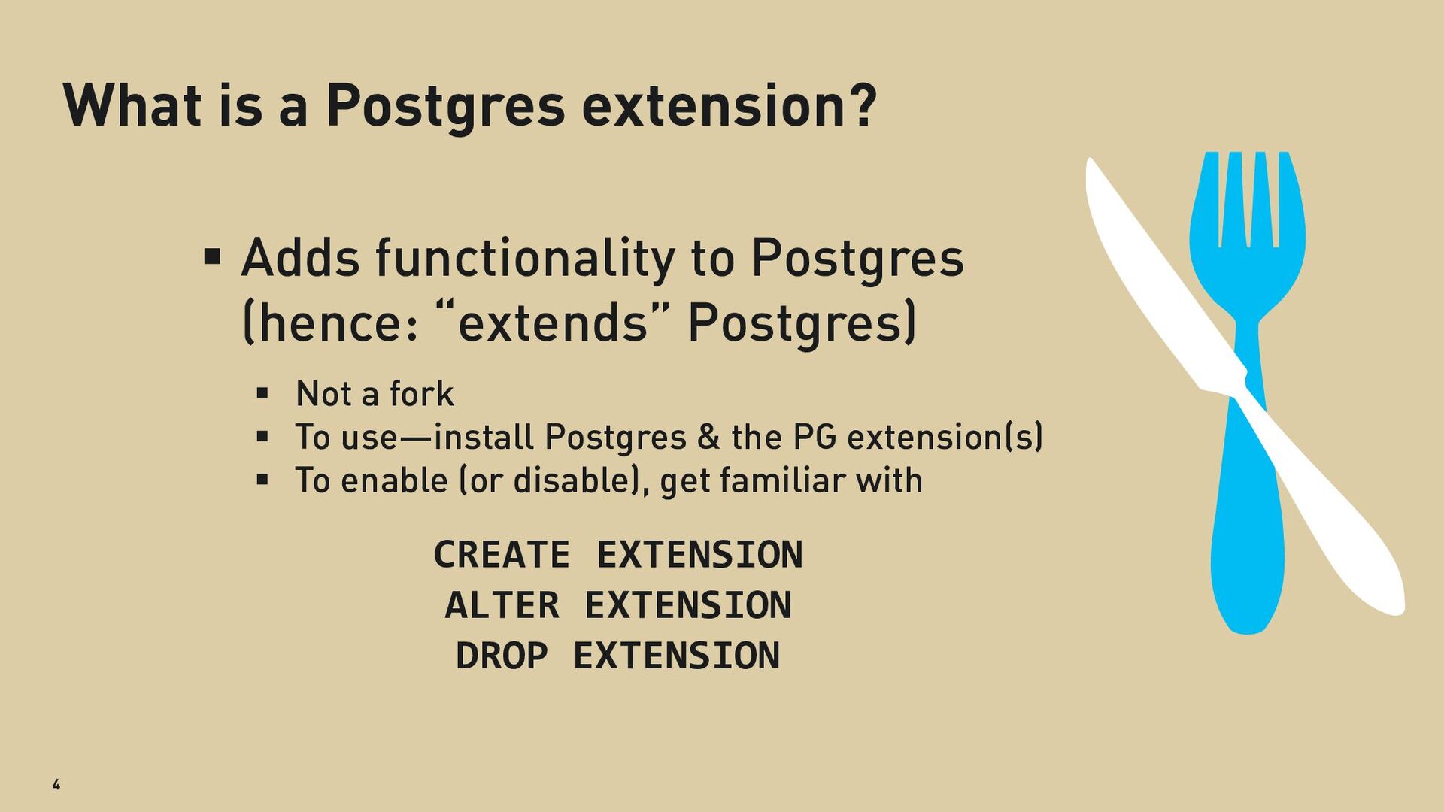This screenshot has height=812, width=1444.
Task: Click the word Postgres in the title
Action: click(x=445, y=107)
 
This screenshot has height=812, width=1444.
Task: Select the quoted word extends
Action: click(x=553, y=322)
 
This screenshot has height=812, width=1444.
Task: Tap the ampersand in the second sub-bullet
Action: click(x=708, y=437)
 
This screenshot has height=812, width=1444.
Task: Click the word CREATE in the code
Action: click(x=502, y=555)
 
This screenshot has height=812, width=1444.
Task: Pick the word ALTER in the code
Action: click(x=502, y=605)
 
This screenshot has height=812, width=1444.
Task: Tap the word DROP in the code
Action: click(x=502, y=656)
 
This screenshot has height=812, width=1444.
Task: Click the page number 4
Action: click(x=56, y=784)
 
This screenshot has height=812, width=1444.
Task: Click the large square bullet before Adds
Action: click(x=213, y=257)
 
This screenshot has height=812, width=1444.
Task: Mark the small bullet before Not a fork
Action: click(x=262, y=392)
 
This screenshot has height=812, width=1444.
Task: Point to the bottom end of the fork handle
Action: click(x=1247, y=630)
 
